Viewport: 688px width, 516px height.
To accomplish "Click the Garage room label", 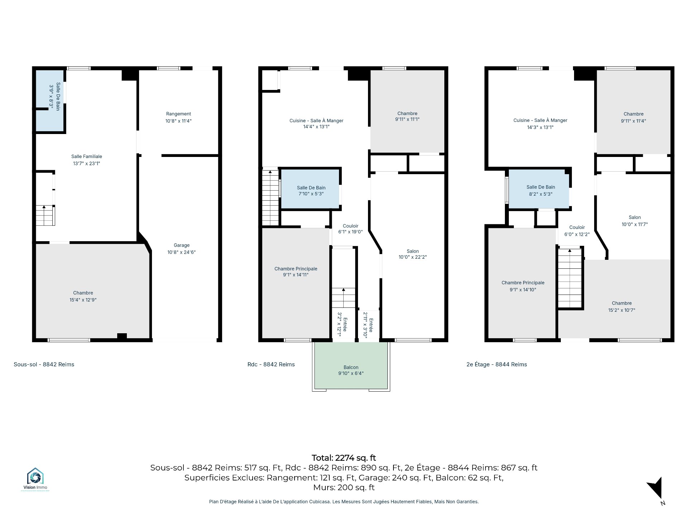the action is (x=181, y=245).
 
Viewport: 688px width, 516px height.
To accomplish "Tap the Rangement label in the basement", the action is (x=178, y=114).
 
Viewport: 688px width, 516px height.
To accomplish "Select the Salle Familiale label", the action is (x=87, y=157).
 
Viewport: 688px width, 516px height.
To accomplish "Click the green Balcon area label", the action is (x=351, y=367).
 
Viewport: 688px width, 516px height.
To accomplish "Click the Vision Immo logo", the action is (x=35, y=479).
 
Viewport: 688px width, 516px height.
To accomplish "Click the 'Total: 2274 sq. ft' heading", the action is (x=344, y=458).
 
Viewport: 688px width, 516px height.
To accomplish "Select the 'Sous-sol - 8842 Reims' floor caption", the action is (x=44, y=364).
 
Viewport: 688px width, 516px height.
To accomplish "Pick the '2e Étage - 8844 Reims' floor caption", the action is (x=497, y=364).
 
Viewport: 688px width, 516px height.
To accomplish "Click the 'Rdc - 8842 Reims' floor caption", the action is (x=271, y=364).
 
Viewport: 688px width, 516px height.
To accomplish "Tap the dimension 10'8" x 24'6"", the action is (x=181, y=252).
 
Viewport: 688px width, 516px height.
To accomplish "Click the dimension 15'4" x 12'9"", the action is (x=83, y=300).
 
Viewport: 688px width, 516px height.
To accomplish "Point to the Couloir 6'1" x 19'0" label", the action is (x=350, y=229).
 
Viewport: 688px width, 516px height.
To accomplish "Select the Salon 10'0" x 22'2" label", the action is (x=413, y=254).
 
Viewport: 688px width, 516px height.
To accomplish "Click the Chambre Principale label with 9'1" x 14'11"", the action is (x=296, y=272).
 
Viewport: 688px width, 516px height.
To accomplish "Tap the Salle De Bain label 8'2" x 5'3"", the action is (x=541, y=191).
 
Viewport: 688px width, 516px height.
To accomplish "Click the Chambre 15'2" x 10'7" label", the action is (x=622, y=307).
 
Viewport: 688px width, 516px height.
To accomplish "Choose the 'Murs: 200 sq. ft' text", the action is (x=344, y=488).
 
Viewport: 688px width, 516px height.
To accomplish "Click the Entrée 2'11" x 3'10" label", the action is (x=368, y=325).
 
